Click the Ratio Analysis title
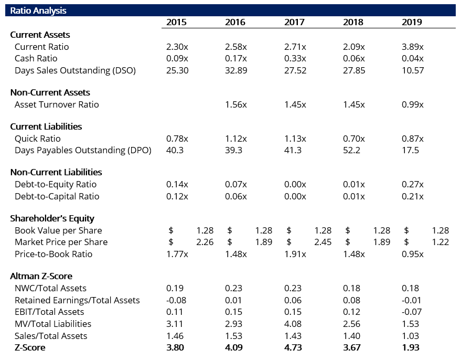[x=38, y=10]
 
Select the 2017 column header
[x=294, y=23]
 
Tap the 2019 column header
[x=412, y=23]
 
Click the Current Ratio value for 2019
[x=413, y=47]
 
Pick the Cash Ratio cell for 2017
[x=295, y=58]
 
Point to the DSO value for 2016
[x=236, y=70]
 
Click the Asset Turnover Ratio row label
[x=57, y=104]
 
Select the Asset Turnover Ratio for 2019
[x=413, y=104]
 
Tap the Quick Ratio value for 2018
[x=354, y=139]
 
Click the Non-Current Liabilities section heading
[x=56, y=173]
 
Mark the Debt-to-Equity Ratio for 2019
[x=413, y=184]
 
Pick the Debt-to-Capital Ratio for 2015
[x=177, y=196]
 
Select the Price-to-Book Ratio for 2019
[x=413, y=254]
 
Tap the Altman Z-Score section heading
[x=41, y=276]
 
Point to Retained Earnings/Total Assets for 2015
[x=176, y=300]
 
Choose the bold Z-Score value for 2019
[x=411, y=347]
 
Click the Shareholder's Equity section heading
[x=52, y=218]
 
